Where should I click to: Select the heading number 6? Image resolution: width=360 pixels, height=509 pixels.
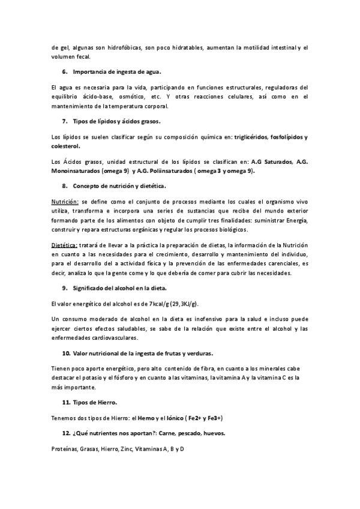tap(65, 72)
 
